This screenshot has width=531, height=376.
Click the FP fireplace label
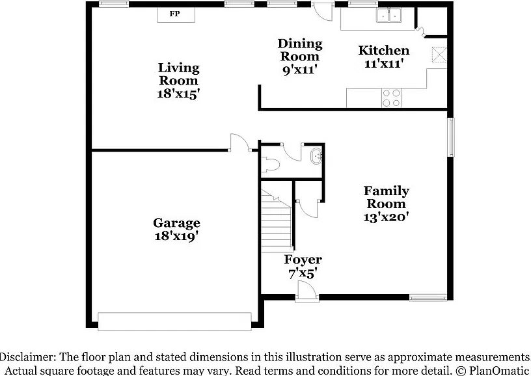175,14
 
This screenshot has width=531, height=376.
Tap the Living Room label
178,74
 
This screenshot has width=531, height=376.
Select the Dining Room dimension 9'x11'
300,70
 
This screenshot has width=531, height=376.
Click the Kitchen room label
384,51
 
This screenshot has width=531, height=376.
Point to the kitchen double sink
388,15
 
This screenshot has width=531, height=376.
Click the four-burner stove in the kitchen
391,98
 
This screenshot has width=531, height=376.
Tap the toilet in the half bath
270,165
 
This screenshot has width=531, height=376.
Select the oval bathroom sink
317,156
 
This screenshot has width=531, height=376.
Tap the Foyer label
303,260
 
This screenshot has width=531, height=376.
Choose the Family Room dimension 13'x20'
386,217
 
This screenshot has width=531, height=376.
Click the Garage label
176,223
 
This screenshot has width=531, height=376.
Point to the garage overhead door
175,321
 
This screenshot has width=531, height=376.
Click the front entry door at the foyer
306,291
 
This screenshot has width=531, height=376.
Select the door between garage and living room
239,143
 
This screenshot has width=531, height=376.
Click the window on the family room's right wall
451,137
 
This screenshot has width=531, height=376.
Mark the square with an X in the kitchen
439,55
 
